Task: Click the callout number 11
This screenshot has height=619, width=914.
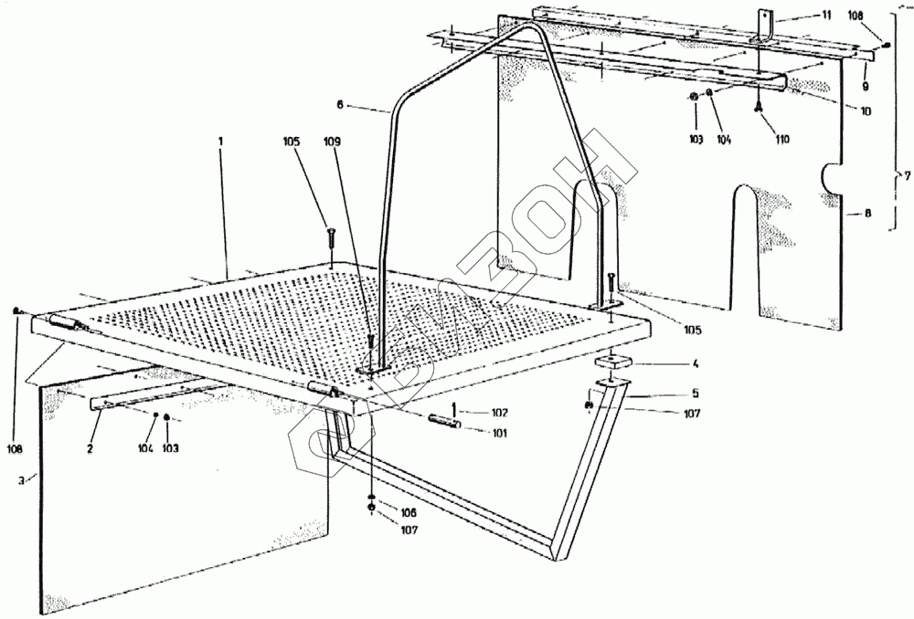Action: pos(827,16)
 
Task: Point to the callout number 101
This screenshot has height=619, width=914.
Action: pos(499,433)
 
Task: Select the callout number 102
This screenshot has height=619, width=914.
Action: pos(498,413)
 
